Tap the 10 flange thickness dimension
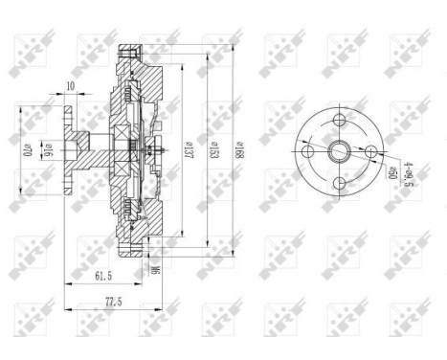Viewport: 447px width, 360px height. pos(72,87)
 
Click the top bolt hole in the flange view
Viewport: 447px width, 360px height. pos(341,119)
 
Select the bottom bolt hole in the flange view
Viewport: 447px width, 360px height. pos(341,180)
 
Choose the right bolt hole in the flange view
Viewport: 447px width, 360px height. pos(371,149)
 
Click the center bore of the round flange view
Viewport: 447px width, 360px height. pos(341,149)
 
